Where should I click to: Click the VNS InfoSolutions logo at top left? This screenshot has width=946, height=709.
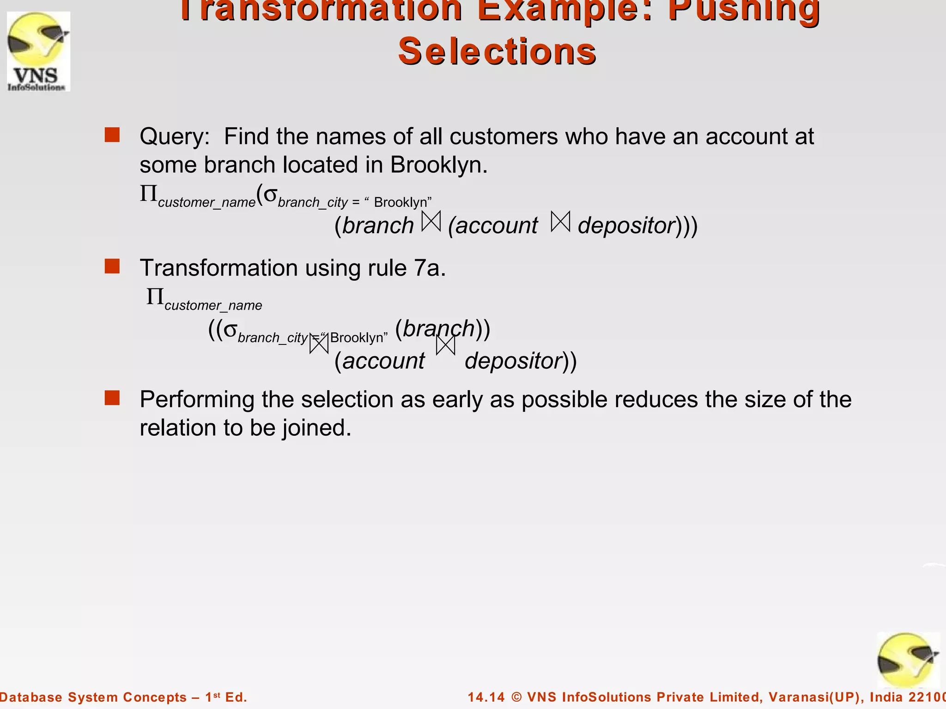click(39, 51)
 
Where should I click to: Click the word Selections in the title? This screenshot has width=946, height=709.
click(497, 51)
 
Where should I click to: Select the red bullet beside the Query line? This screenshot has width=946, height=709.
click(112, 135)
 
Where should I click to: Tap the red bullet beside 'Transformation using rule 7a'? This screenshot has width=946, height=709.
click(112, 266)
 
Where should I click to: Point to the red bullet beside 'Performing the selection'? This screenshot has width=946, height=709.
click(112, 398)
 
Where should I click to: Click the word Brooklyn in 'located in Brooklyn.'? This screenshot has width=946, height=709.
click(438, 165)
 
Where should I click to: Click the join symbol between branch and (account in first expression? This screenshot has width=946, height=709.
click(431, 222)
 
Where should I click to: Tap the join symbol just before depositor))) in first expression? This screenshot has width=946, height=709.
click(561, 222)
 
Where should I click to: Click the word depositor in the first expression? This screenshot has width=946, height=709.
click(627, 226)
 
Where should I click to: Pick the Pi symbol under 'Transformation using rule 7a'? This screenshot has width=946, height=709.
click(155, 296)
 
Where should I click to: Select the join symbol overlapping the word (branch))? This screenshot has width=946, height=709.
click(446, 345)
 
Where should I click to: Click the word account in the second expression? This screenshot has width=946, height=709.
click(383, 361)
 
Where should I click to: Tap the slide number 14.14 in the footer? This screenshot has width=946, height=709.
click(486, 697)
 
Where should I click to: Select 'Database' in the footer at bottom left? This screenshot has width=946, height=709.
click(31, 697)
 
